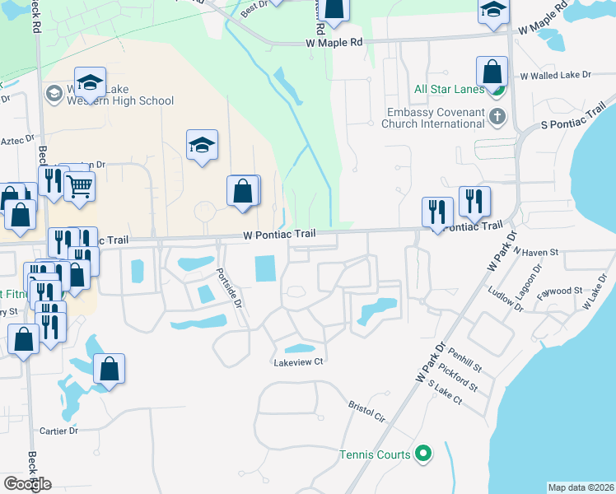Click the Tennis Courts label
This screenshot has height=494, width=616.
(x=375, y=454)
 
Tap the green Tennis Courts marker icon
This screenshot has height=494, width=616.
(x=423, y=454)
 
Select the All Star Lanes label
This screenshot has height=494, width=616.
(x=450, y=90)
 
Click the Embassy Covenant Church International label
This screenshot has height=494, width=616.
(x=433, y=118)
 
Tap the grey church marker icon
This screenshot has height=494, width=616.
(x=497, y=117)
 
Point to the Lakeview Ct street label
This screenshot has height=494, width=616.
(x=299, y=361)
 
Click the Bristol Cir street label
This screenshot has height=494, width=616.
(x=366, y=411)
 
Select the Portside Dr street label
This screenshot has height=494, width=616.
(x=230, y=287)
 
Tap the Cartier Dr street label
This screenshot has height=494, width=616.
(x=58, y=431)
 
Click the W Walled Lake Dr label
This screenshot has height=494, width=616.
(x=556, y=75)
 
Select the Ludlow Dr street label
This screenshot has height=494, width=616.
(x=505, y=300)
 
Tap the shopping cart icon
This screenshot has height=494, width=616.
(x=79, y=187)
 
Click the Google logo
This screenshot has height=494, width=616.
(x=26, y=483)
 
